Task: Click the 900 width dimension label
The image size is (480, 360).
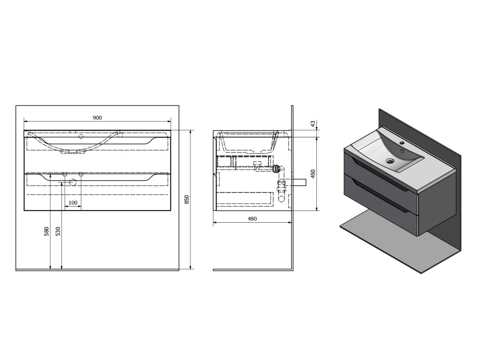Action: click(x=97, y=118)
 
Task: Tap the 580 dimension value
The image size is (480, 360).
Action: click(x=46, y=231)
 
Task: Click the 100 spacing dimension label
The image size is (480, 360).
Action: click(x=73, y=203)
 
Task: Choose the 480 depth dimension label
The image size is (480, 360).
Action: click(x=252, y=219)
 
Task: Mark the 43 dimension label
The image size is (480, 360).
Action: click(x=313, y=124)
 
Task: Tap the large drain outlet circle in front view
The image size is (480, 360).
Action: click(x=73, y=182)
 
